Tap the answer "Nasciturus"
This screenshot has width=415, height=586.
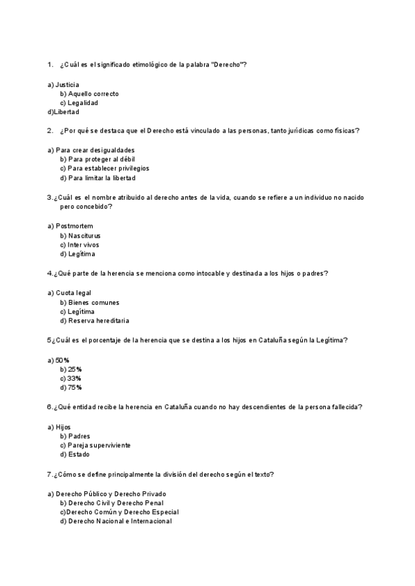[x=84, y=236]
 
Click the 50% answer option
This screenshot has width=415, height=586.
[x=62, y=360]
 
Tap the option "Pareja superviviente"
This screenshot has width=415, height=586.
[x=100, y=446]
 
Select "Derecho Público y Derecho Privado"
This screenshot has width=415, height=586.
[x=111, y=494]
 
